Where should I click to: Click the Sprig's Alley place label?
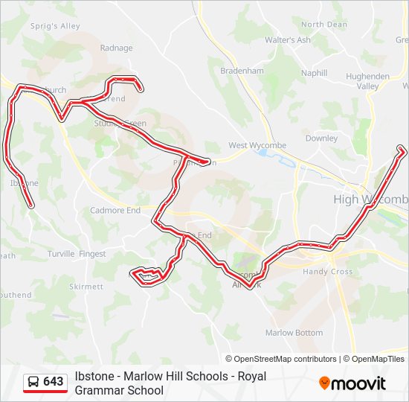click(56, 26)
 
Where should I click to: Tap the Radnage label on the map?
click(116, 48)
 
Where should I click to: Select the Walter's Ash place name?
click(288, 40)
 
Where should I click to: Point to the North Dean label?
click(323, 25)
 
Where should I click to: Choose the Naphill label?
click(314, 73)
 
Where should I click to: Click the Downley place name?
click(321, 138)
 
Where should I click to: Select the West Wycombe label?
click(257, 146)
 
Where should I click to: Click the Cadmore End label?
click(115, 211)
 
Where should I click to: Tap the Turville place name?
click(61, 254)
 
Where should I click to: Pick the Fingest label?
click(93, 254)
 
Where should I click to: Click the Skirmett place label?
click(86, 287)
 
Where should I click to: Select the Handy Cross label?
click(328, 272)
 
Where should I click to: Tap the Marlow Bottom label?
click(294, 333)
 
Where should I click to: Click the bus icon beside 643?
click(33, 382)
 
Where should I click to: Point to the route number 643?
click(54, 382)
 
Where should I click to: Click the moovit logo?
click(352, 383)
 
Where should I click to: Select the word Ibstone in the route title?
click(97, 376)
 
